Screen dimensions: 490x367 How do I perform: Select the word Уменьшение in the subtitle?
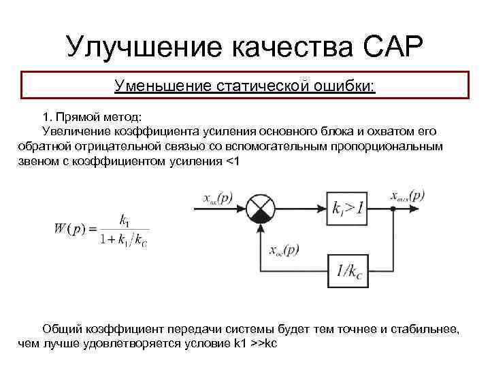click(x=163, y=86)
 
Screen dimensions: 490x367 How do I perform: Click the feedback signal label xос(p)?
click(x=284, y=251)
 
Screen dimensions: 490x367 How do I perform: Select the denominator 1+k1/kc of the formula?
click(x=123, y=239)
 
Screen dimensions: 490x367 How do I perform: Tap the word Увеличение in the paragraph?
click(x=76, y=130)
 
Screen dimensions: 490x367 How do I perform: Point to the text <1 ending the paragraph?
click(x=232, y=161)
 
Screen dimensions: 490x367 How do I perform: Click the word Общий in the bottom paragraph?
click(x=61, y=328)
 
